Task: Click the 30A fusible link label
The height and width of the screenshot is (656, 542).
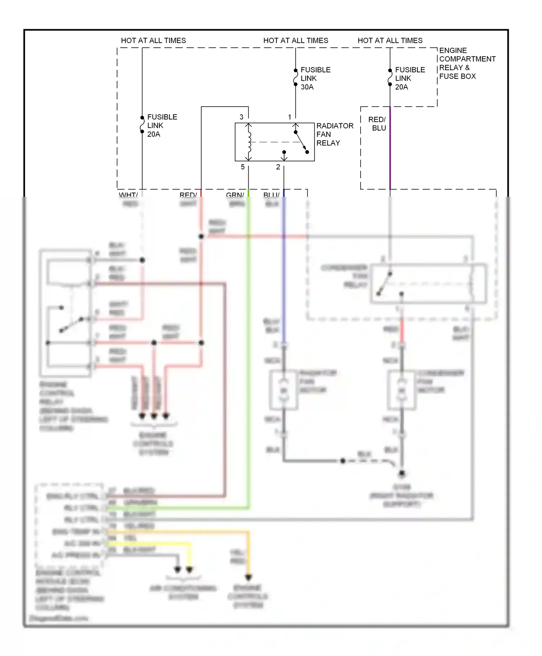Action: pyautogui.click(x=315, y=78)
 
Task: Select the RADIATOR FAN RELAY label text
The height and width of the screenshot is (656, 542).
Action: pyautogui.click(x=334, y=134)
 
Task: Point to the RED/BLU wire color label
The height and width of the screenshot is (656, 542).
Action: pyautogui.click(x=377, y=124)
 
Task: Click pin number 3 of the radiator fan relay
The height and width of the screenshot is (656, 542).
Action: pyautogui.click(x=241, y=117)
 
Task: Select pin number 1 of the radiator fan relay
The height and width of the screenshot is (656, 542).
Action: pyautogui.click(x=289, y=117)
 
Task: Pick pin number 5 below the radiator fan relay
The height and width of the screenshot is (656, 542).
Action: pyautogui.click(x=242, y=167)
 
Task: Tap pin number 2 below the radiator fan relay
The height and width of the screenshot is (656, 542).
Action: pyautogui.click(x=278, y=167)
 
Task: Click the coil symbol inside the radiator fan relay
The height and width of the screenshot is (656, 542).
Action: pyautogui.click(x=249, y=142)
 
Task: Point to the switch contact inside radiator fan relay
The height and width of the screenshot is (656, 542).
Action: pyautogui.click(x=301, y=142)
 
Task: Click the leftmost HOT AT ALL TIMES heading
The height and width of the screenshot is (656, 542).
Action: pyautogui.click(x=153, y=41)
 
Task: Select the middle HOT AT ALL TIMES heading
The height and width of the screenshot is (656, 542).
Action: pyautogui.click(x=296, y=41)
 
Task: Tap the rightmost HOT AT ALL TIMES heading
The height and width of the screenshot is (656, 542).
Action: pyautogui.click(x=390, y=41)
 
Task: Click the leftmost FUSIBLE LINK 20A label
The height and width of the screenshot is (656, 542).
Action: pyautogui.click(x=162, y=125)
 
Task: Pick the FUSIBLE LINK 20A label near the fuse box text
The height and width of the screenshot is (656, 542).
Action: pyautogui.click(x=409, y=78)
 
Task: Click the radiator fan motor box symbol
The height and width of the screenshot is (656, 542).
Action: pyautogui.click(x=284, y=390)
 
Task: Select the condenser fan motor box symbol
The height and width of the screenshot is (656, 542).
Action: pyautogui.click(x=401, y=390)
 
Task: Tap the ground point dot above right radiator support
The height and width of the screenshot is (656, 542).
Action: pyautogui.click(x=401, y=473)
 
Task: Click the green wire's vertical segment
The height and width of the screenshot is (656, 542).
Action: pyautogui.click(x=249, y=362)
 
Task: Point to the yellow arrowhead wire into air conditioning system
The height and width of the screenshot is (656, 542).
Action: pyautogui.click(x=189, y=569)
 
